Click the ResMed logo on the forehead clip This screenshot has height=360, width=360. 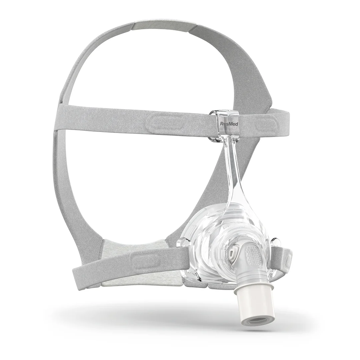[x=226, y=124]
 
